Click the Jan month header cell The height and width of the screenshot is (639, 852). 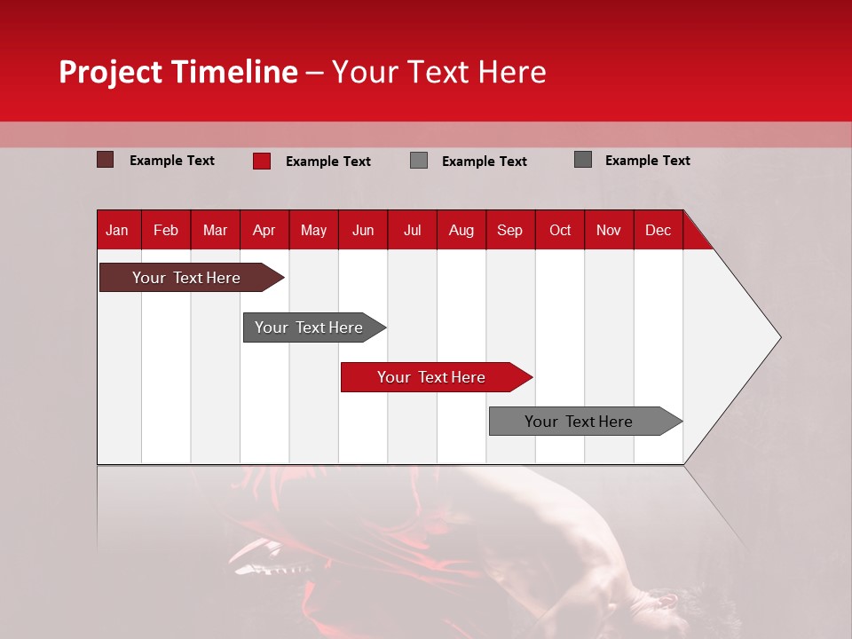117,230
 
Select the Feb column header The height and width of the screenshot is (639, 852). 166,230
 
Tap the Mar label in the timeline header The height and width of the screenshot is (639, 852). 215,230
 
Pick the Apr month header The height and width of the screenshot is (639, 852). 264,230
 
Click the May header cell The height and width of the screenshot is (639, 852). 313,230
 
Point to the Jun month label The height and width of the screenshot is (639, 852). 363,230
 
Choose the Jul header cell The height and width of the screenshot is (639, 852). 413,230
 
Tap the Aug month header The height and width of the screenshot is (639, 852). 461,230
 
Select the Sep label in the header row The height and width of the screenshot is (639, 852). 510,230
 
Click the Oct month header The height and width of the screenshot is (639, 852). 560,230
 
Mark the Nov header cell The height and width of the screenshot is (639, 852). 609,230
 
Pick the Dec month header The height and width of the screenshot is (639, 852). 659,230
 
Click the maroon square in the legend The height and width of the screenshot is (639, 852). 106,160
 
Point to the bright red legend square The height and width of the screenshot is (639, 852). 262,161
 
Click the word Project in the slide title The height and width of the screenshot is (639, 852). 111,72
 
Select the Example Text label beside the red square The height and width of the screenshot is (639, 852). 327,162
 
